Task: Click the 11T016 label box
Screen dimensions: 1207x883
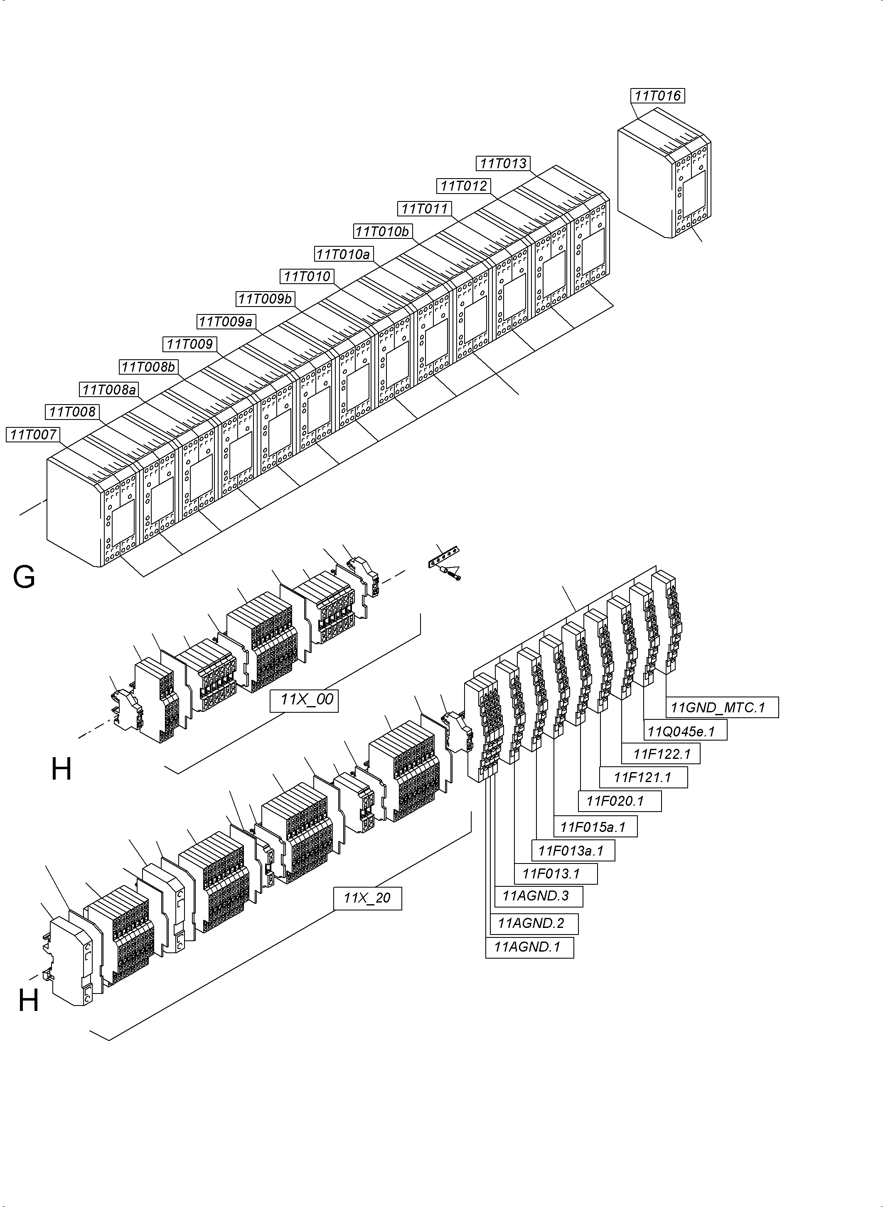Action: pos(657,96)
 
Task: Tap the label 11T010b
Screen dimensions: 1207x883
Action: pos(382,231)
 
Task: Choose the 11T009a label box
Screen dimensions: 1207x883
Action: pos(226,321)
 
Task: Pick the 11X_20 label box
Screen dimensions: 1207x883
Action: pos(367,898)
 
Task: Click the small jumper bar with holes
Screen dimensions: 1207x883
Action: pos(443,557)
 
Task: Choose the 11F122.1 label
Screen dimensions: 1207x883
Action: pos(662,754)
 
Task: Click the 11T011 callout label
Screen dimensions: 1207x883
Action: pos(424,209)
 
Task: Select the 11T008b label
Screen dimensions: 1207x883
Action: pos(148,367)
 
